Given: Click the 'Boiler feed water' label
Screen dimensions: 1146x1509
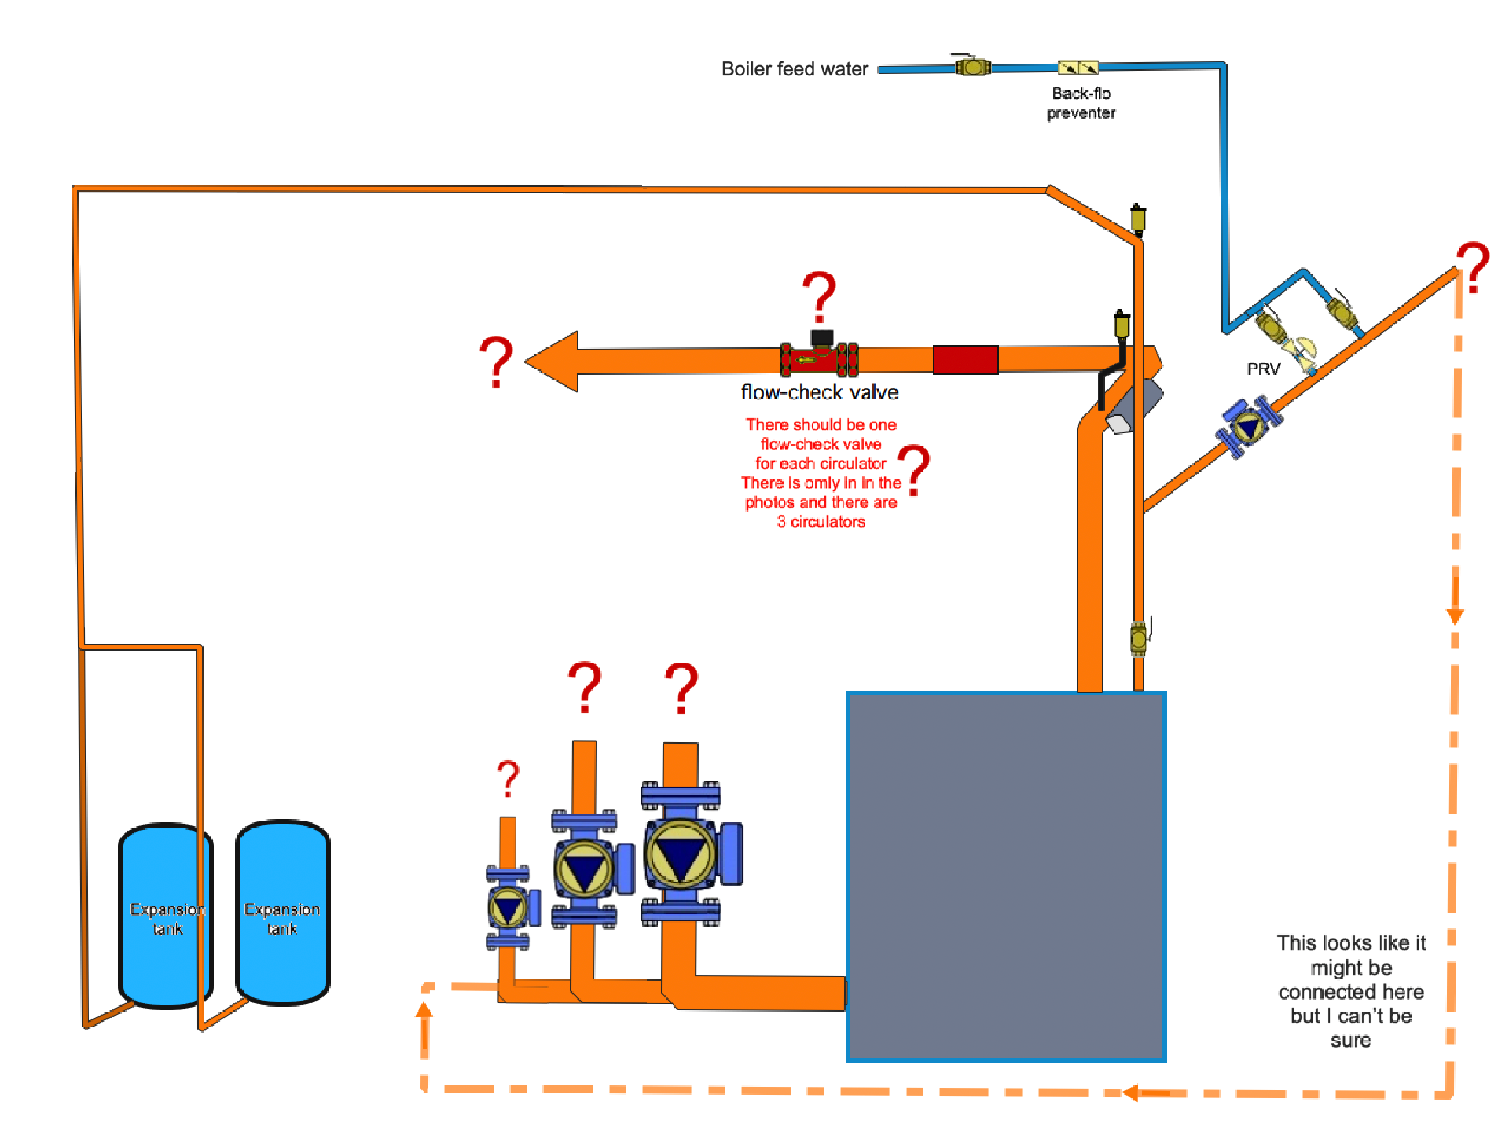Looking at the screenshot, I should (794, 69).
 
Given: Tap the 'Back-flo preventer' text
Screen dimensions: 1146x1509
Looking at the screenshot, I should (1081, 103).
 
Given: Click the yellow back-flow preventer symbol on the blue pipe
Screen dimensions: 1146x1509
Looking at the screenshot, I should (1078, 68).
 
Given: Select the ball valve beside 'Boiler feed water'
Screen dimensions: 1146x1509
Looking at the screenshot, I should (972, 67).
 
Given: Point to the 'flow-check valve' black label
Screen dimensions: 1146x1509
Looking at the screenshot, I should (819, 392).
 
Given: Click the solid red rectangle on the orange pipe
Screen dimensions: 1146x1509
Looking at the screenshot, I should (965, 360).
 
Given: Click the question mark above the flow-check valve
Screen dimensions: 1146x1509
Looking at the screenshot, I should (820, 296).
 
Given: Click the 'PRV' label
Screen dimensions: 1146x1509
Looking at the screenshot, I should (1263, 369).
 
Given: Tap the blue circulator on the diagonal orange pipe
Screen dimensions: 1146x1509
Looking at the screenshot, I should (1249, 427).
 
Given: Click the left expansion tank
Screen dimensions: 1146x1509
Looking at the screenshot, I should (165, 916).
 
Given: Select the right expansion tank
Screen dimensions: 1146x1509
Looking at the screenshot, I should (282, 913).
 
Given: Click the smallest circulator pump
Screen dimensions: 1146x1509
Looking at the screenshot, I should (509, 908).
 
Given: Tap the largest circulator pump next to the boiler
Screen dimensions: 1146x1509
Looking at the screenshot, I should (681, 854).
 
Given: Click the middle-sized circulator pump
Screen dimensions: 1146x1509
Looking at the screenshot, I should (585, 868).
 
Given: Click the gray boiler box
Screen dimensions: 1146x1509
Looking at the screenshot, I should (1006, 876).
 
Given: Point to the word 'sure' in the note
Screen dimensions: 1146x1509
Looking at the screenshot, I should (1350, 1041).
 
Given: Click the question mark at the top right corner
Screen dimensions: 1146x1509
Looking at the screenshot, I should (1473, 267).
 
